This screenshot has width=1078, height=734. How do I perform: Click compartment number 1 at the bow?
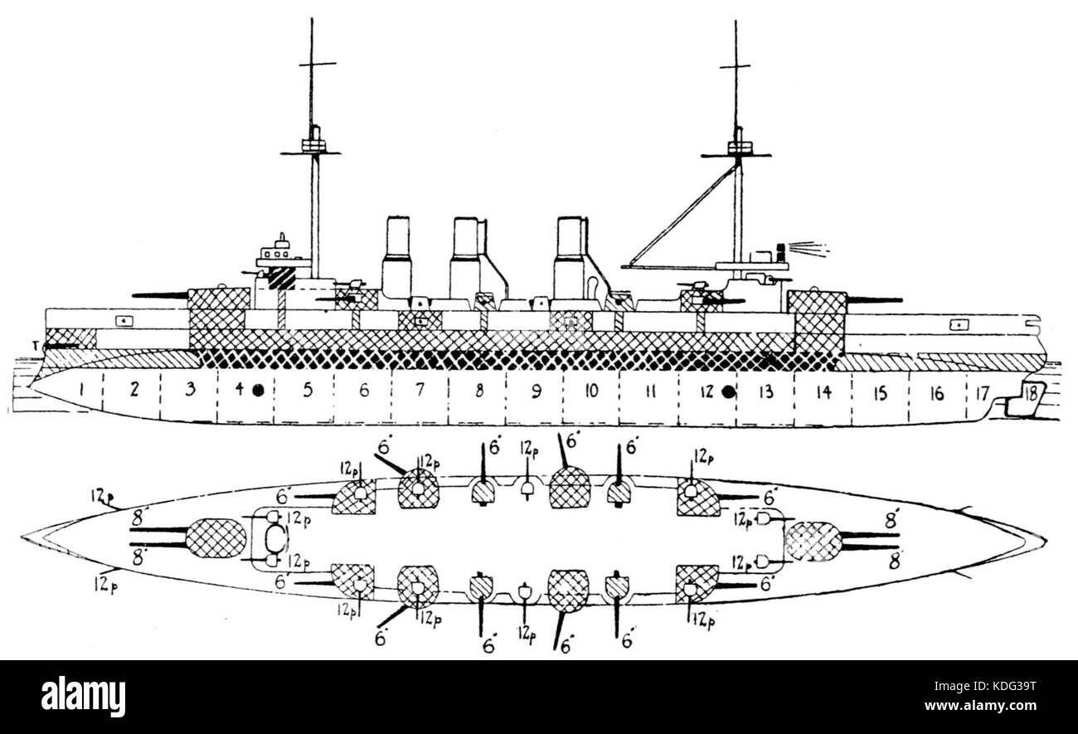(83, 388)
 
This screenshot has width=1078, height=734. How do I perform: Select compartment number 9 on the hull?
(535, 391)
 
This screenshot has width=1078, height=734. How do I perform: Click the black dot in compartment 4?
(258, 390)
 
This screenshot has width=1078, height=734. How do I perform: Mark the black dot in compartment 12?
(730, 391)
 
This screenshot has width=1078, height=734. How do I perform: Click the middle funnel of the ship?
(466, 257)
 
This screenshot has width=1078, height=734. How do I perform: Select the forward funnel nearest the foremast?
(397, 257)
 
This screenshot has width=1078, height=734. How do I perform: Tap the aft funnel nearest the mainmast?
(571, 257)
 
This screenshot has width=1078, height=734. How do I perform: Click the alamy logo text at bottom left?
(83, 696)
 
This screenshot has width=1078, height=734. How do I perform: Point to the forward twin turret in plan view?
(216, 537)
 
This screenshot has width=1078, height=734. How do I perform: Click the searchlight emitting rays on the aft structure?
(780, 249)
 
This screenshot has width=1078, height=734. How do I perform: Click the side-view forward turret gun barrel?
(160, 295)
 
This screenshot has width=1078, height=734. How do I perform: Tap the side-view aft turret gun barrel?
(873, 299)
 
